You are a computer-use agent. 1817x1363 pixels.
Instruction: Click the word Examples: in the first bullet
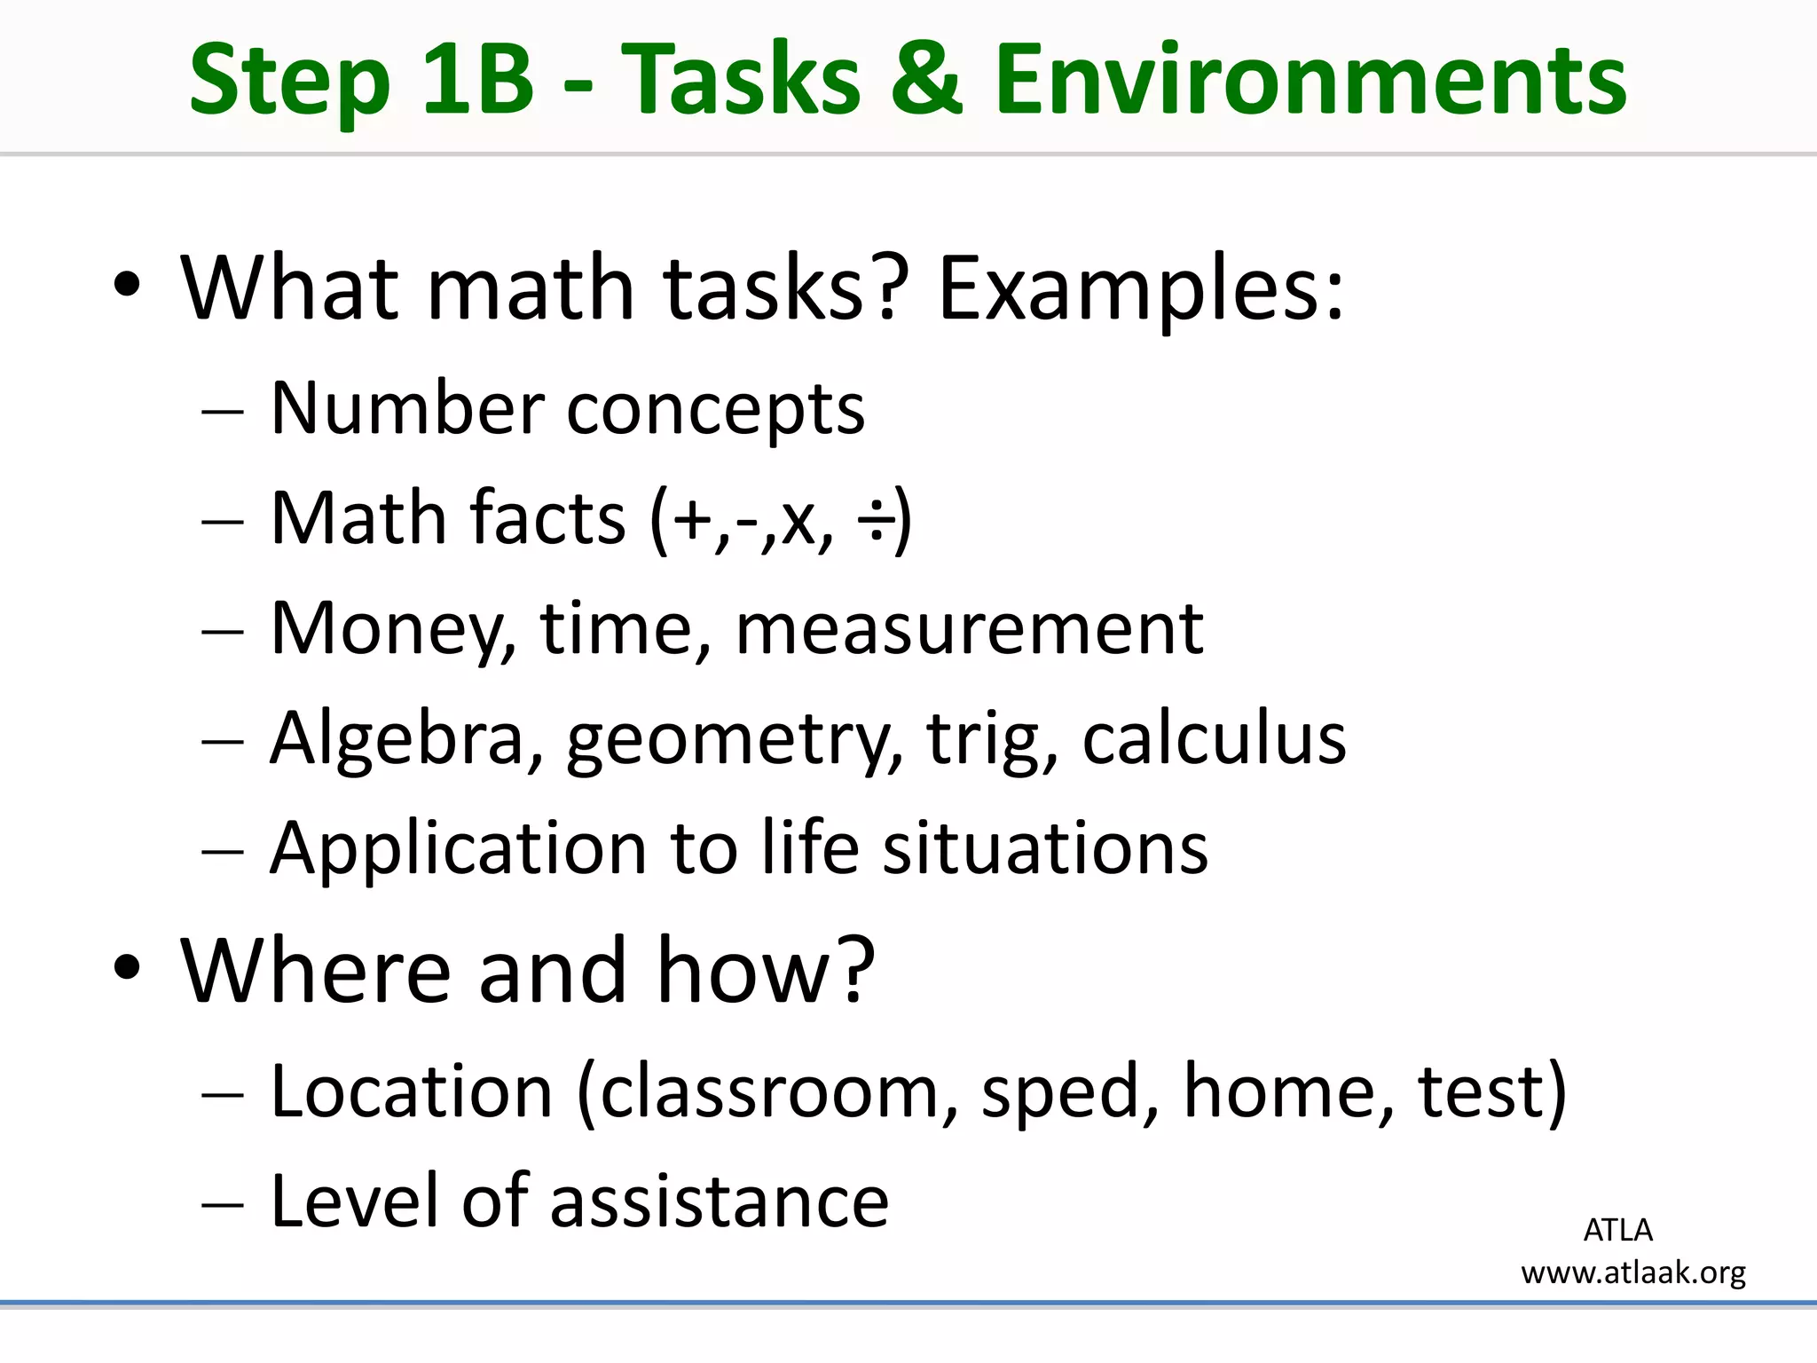[x=1141, y=288]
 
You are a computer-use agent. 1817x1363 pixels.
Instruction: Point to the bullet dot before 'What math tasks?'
[x=127, y=285]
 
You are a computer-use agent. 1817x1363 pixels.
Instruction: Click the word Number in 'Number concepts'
[x=407, y=409]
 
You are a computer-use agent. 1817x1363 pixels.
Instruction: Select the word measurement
[x=970, y=630]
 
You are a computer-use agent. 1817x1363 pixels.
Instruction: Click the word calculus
[x=1214, y=739]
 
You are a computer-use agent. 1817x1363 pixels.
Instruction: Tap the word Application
[x=459, y=849]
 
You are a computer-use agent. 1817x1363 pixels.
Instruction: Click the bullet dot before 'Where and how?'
[x=127, y=967]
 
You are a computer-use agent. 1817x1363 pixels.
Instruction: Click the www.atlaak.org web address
[x=1633, y=1273]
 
